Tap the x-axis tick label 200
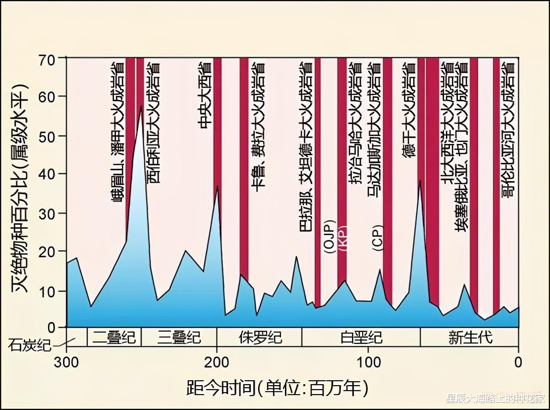(217, 362)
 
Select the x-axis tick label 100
(368, 362)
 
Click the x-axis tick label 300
(67, 362)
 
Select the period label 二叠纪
(114, 338)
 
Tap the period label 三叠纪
(179, 338)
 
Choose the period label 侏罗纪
(260, 338)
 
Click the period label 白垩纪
(361, 338)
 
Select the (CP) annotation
(377, 237)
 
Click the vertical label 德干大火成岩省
(409, 110)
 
